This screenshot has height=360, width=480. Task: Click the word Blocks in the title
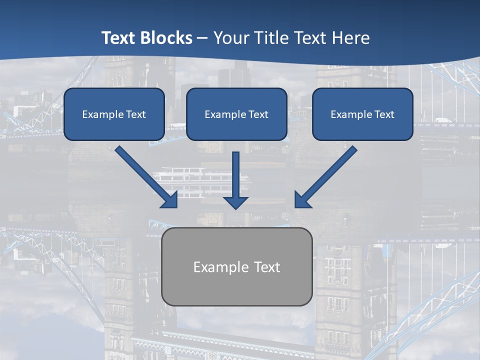(168, 38)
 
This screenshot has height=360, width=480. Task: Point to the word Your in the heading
(228, 38)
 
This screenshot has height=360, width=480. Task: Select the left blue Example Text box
(114, 114)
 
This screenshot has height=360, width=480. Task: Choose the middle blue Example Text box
(236, 114)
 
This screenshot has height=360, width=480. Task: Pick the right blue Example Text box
(362, 114)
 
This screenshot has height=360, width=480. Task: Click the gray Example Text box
(237, 267)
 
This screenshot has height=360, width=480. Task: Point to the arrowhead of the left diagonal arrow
(170, 199)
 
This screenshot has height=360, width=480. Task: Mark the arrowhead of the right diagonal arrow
(302, 199)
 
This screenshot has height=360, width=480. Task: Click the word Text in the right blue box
(384, 114)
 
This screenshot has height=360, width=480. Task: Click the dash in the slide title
(202, 38)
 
